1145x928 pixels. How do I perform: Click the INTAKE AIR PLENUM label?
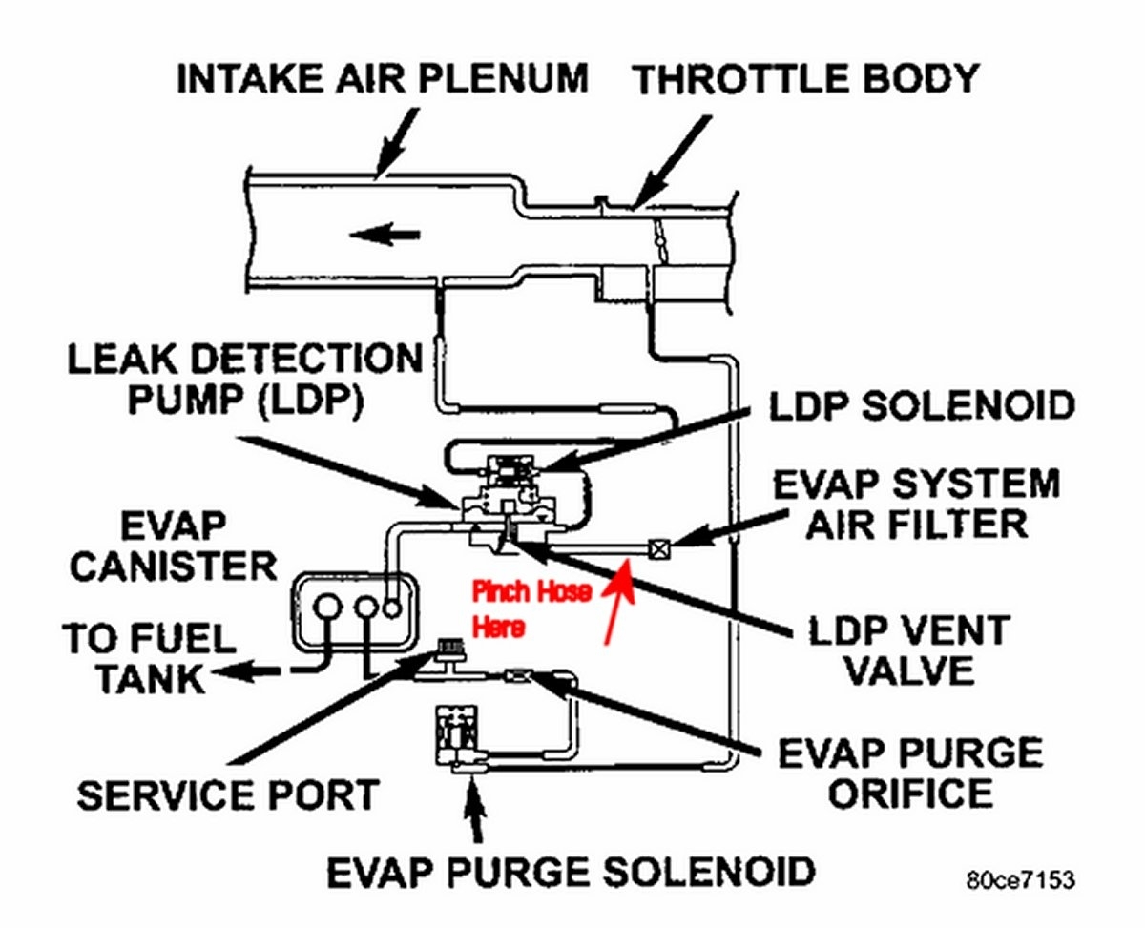[x=382, y=79]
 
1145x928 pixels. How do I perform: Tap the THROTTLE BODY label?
[x=807, y=79]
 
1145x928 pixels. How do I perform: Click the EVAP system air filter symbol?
[x=657, y=547]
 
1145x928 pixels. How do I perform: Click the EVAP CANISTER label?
[x=173, y=546]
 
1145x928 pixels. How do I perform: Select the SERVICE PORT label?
[x=228, y=794]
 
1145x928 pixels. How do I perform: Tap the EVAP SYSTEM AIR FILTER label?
[x=915, y=503]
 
